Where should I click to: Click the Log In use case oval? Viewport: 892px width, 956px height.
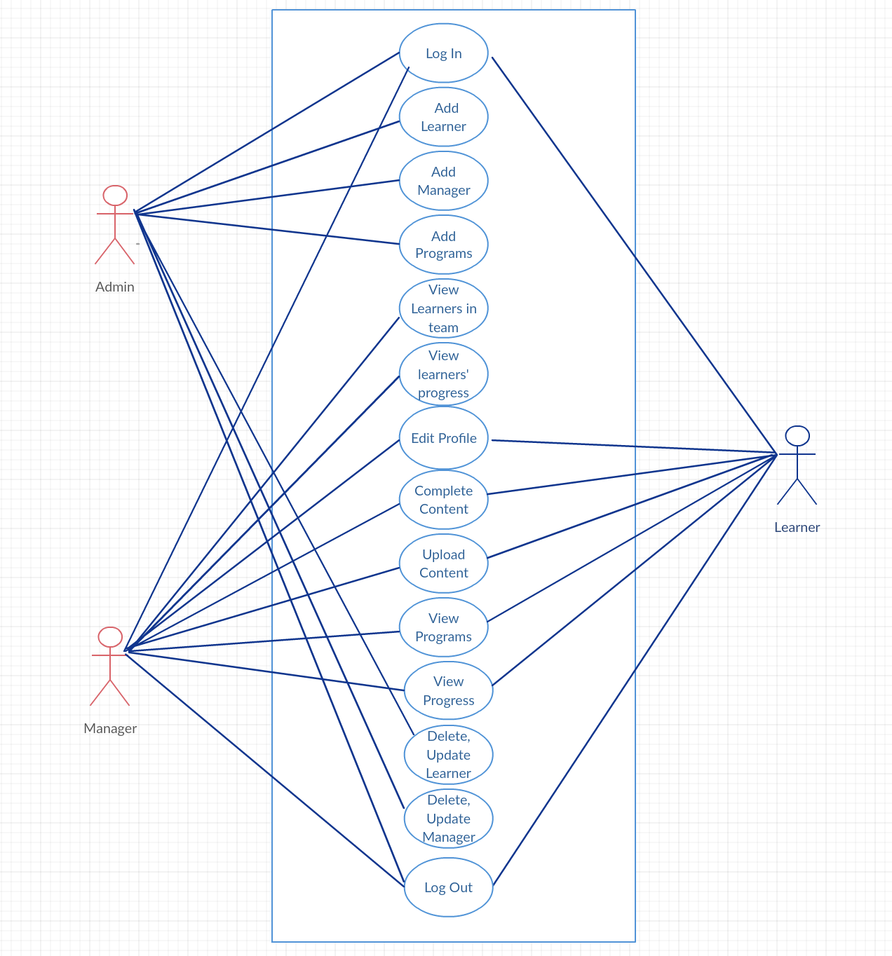point(443,53)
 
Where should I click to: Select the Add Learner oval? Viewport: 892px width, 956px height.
point(443,117)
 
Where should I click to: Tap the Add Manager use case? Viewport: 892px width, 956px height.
point(443,181)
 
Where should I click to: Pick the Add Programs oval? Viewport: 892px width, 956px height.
point(443,245)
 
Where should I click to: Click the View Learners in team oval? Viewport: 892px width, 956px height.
point(443,308)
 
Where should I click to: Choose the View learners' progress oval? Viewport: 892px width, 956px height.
point(443,374)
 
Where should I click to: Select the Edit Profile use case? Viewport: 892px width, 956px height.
point(443,438)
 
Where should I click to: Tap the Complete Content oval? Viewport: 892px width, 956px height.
point(443,500)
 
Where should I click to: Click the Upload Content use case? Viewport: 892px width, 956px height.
point(443,564)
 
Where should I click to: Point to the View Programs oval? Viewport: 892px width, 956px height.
point(443,627)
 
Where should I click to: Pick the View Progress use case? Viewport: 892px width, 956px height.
point(448,690)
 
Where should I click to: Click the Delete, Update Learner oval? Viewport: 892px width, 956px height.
point(448,755)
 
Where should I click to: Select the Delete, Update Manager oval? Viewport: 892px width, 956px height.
point(448,819)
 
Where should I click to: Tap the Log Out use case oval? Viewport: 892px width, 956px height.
point(448,887)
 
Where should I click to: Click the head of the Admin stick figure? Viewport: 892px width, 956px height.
point(115,196)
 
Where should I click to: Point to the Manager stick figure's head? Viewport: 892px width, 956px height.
point(110,637)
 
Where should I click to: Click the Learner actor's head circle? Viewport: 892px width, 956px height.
point(797,436)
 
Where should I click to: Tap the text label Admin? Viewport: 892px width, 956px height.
point(115,287)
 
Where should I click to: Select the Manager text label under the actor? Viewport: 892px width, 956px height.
point(110,728)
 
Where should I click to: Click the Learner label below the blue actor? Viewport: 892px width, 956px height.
point(797,527)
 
